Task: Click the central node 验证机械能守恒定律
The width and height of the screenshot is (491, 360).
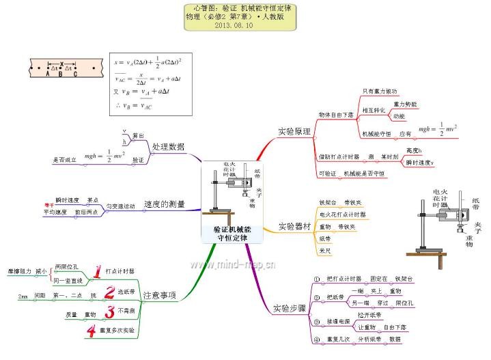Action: (x=231, y=233)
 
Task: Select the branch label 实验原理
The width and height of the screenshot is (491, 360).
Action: (x=294, y=131)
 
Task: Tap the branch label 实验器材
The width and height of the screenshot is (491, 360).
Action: (x=295, y=226)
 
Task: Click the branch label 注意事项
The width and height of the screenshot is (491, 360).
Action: (x=159, y=296)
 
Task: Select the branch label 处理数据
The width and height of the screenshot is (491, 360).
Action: (x=168, y=147)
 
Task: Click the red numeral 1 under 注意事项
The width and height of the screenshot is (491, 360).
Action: (x=97, y=272)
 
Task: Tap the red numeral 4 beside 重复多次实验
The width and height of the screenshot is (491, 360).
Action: (x=90, y=332)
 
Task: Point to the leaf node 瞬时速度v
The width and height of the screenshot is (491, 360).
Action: (x=419, y=163)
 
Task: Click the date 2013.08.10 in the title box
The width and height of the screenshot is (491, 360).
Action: (x=235, y=25)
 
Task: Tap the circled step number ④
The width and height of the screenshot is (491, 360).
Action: (x=316, y=340)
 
